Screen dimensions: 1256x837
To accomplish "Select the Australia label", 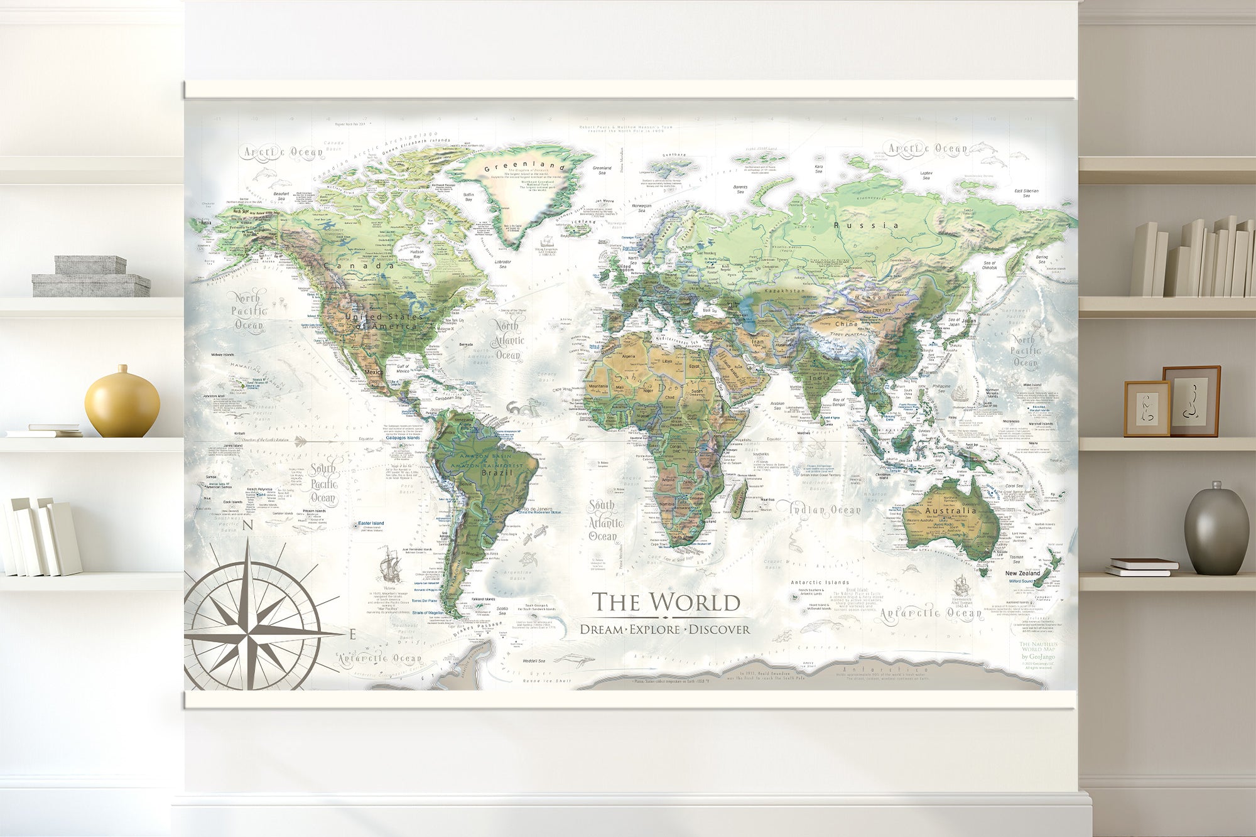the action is pyautogui.click(x=950, y=510).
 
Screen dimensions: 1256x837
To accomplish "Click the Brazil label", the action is pyautogui.click(x=497, y=473).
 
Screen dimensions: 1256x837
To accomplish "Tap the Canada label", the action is pyautogui.click(x=359, y=266).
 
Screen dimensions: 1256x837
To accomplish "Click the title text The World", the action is pyautogui.click(x=666, y=602).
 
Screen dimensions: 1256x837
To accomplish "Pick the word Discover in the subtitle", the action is pyautogui.click(x=719, y=629).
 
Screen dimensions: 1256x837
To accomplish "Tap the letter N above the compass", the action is pyautogui.click(x=247, y=526).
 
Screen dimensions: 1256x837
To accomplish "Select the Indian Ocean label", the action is pyautogui.click(x=824, y=510).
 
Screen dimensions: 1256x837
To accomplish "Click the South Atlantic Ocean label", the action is pyautogui.click(x=605, y=521).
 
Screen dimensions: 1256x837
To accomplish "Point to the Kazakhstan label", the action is pyautogui.click(x=784, y=291).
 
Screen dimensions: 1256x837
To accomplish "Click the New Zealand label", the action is pyautogui.click(x=1022, y=573).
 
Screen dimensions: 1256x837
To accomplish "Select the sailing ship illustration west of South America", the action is pyautogui.click(x=390, y=564).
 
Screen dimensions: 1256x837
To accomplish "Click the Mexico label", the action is pyautogui.click(x=374, y=372).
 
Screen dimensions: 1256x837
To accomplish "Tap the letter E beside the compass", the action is pyautogui.click(x=352, y=634).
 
